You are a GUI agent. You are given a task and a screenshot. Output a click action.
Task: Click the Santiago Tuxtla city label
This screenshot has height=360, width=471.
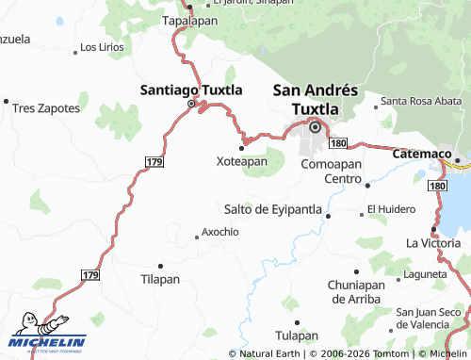(190, 90)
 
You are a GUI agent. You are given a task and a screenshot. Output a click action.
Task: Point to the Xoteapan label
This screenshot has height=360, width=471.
(242, 161)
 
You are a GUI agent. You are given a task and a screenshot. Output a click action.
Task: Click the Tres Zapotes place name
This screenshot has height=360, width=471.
(46, 107)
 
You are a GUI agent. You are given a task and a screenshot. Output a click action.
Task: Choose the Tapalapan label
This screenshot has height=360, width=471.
(189, 19)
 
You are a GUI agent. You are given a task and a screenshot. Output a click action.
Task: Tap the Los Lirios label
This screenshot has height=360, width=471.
(102, 46)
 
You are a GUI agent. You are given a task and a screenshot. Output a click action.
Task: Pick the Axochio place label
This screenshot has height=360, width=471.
(220, 231)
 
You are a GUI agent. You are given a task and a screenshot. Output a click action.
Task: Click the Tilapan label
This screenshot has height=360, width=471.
(159, 279)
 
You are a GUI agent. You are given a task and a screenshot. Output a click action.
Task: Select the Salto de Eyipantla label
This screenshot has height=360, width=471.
(273, 208)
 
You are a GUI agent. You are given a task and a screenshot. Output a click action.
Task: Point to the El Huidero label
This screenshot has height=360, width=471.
(391, 208)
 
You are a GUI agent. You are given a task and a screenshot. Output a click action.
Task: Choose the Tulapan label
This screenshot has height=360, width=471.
(297, 335)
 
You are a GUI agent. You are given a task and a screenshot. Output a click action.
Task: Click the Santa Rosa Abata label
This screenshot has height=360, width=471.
(421, 101)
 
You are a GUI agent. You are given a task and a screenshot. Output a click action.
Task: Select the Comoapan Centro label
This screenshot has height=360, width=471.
(331, 171)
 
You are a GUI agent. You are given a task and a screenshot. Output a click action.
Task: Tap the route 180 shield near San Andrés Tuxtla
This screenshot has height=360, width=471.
(339, 142)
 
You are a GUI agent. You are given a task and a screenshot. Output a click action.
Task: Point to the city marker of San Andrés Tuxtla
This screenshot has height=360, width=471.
(316, 127)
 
